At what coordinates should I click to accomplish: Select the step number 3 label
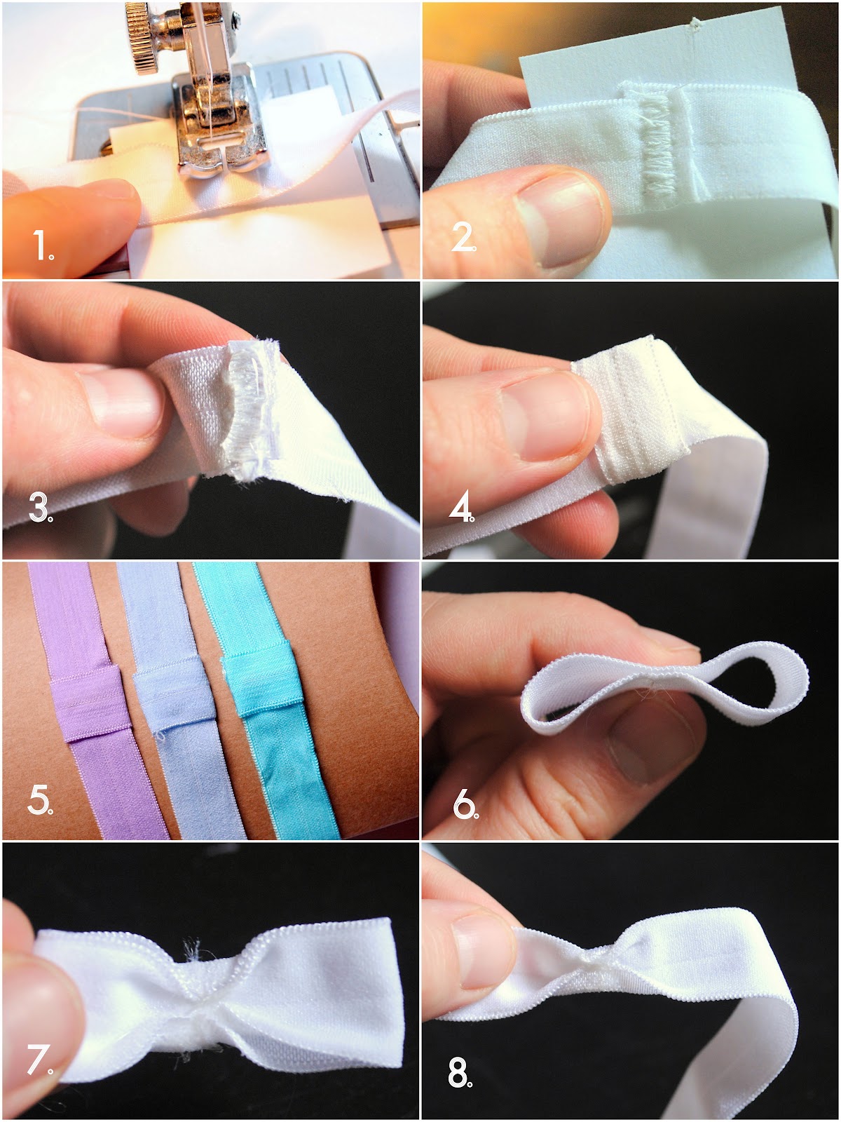click(41, 508)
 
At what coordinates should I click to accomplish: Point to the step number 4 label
click(461, 508)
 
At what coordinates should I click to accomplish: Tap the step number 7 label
click(39, 1060)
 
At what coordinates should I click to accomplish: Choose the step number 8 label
click(459, 1073)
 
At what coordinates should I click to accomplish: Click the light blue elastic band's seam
click(175, 701)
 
